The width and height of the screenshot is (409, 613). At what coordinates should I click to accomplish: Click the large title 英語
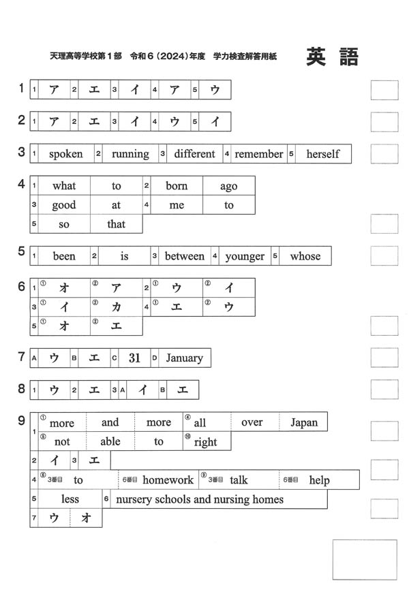[x=332, y=57]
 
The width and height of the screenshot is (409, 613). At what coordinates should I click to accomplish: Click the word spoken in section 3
[x=65, y=154]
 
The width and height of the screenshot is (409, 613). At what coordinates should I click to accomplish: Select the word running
[x=130, y=154]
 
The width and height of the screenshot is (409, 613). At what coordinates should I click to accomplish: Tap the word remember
[x=258, y=154]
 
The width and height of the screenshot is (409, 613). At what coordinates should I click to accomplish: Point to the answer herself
[x=322, y=154]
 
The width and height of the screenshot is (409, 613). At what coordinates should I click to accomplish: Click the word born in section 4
[x=177, y=186]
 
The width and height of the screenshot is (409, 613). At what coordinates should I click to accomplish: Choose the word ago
[x=229, y=186]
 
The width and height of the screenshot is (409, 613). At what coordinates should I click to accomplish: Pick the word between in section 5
[x=184, y=256]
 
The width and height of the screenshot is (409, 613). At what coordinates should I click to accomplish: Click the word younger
[x=245, y=256]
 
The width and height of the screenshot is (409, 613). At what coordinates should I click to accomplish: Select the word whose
[x=305, y=256]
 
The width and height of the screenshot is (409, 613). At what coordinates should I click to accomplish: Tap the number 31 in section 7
[x=135, y=358]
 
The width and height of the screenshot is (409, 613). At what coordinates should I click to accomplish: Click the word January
[x=184, y=358]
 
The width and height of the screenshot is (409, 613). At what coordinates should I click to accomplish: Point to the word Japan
[x=304, y=422]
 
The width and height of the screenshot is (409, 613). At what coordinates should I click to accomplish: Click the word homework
[x=168, y=480]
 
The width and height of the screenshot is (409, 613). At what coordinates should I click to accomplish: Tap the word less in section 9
[x=70, y=499]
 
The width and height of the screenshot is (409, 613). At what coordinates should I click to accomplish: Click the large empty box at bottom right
[x=364, y=559]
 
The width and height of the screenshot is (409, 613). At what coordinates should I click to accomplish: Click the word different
[x=194, y=154]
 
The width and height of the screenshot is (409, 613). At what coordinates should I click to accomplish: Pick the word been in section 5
[x=64, y=256]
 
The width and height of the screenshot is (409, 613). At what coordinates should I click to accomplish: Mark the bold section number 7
[x=22, y=356]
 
